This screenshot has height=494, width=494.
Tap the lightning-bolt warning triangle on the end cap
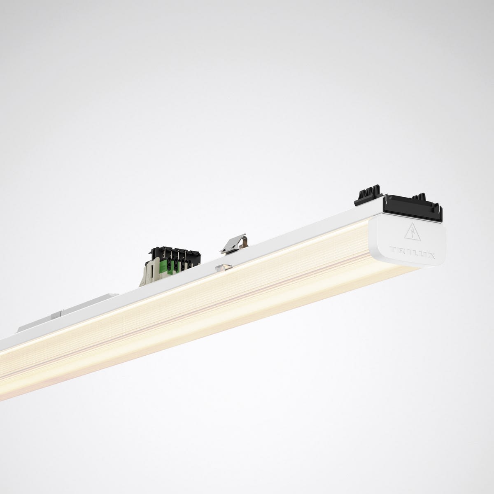coord(412,232)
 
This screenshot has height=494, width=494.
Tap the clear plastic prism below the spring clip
coord(224,268)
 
